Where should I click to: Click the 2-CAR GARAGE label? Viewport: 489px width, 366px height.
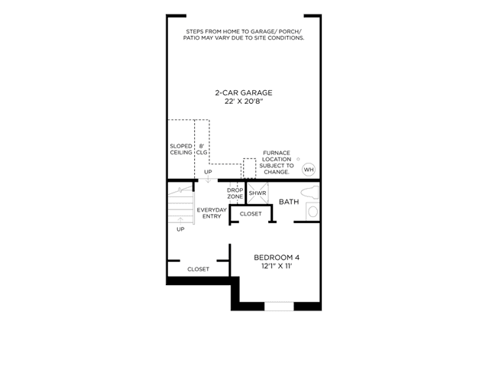pyautogui.click(x=244, y=92)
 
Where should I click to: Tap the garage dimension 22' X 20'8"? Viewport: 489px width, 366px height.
pyautogui.click(x=244, y=102)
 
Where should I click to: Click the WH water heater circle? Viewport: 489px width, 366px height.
pyautogui.click(x=309, y=170)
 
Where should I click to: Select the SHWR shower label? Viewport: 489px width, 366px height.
pyautogui.click(x=257, y=193)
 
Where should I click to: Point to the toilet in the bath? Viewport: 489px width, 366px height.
pyautogui.click(x=309, y=192)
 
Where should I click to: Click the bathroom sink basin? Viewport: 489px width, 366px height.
pyautogui.click(x=313, y=212)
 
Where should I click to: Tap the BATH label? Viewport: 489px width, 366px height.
pyautogui.click(x=289, y=202)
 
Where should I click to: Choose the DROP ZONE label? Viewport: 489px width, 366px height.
pyautogui.click(x=235, y=193)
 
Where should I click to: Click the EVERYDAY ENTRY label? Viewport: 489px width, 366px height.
pyautogui.click(x=212, y=213)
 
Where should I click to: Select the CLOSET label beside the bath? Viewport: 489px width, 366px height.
pyautogui.click(x=251, y=214)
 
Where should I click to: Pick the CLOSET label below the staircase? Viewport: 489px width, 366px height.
pyautogui.click(x=199, y=269)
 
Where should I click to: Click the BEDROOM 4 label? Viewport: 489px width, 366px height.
pyautogui.click(x=277, y=257)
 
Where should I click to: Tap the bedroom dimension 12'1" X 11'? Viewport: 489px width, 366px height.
pyautogui.click(x=277, y=266)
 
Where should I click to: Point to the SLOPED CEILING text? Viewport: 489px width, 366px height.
pyautogui.click(x=181, y=149)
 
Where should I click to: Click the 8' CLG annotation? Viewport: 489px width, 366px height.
pyautogui.click(x=202, y=149)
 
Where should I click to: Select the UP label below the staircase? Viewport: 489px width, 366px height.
pyautogui.click(x=180, y=229)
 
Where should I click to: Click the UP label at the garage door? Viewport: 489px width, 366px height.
pyautogui.click(x=208, y=172)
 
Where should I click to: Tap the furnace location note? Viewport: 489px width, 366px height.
pyautogui.click(x=277, y=163)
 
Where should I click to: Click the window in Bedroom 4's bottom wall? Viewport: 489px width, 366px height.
pyautogui.click(x=279, y=306)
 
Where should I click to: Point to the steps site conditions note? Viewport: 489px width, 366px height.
pyautogui.click(x=244, y=34)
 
